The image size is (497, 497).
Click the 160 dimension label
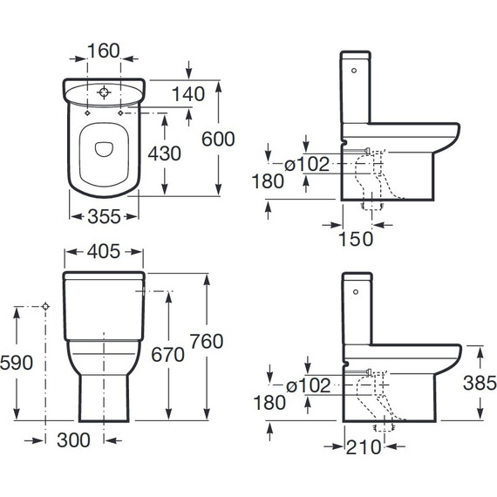104,51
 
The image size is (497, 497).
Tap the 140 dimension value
188,94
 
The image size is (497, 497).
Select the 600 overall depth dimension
218,139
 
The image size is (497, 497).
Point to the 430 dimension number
165,153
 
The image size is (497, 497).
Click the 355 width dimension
104,216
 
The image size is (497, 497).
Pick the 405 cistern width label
104,251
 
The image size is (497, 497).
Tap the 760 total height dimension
207,342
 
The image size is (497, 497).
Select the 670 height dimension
167,355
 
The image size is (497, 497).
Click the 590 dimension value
17,363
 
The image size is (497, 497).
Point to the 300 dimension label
73,440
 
